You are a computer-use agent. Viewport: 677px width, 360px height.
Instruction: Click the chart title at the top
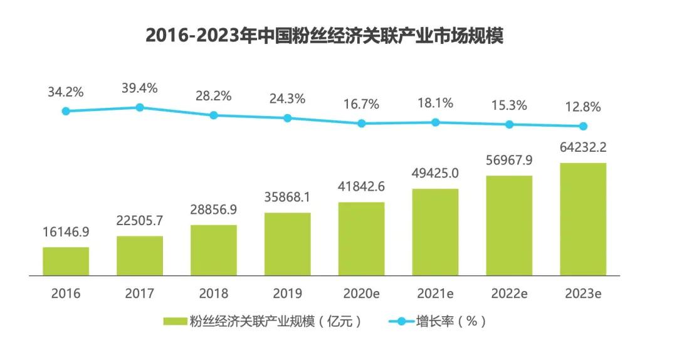pos(325,35)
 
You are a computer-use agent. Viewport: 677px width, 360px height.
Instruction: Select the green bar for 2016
pos(66,261)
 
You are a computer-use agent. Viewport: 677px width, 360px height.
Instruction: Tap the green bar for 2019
pos(287,244)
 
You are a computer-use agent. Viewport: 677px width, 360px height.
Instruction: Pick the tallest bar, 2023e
pos(583,219)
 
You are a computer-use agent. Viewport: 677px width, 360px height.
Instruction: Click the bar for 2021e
pos(435,232)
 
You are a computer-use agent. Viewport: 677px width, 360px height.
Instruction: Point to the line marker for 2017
pos(140,107)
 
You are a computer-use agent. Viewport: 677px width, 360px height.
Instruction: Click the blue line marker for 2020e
pos(362,124)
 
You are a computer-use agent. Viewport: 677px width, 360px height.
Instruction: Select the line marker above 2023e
pos(583,126)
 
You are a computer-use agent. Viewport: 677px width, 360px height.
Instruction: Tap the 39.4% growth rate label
pos(140,88)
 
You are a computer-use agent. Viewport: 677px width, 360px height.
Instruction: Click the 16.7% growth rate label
pos(361,104)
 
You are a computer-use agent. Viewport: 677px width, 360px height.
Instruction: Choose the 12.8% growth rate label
pos(583,107)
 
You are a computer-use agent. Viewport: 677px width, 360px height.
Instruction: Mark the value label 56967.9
pos(509,160)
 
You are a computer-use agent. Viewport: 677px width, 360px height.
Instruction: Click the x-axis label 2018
pos(213,293)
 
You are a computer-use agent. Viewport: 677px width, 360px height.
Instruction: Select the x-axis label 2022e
pos(509,293)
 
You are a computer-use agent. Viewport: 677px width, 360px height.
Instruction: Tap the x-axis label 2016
pos(66,293)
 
